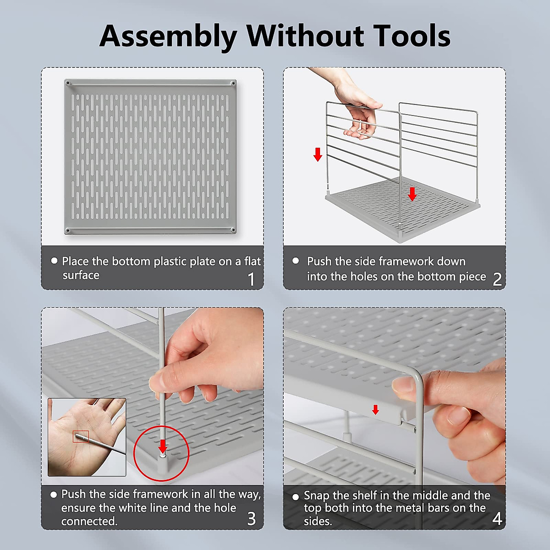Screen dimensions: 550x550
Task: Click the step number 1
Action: [251, 279]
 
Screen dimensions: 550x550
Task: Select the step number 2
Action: [497, 279]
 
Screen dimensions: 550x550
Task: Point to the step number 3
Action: [251, 518]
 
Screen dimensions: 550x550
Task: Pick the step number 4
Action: [497, 518]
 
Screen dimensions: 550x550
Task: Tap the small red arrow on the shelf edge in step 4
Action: [376, 410]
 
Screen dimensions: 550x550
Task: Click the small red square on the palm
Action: [81, 436]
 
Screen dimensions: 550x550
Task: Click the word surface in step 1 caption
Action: [81, 275]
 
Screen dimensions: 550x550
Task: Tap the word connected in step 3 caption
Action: [89, 522]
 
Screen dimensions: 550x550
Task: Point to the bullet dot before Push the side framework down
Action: [296, 261]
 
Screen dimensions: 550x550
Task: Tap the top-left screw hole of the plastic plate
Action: [68, 83]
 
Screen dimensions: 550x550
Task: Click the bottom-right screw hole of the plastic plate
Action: [233, 230]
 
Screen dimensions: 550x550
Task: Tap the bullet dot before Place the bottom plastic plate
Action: [54, 261]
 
